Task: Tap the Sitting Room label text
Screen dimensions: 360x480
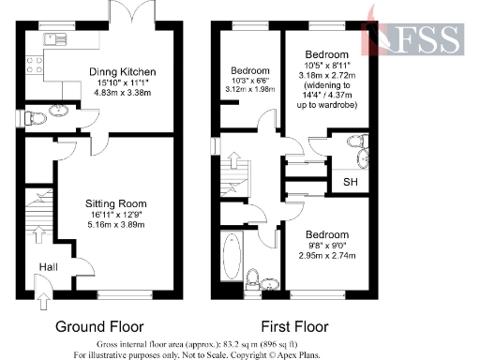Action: point(115,202)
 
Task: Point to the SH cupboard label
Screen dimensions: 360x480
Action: point(350,181)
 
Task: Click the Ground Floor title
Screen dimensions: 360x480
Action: point(98,327)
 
